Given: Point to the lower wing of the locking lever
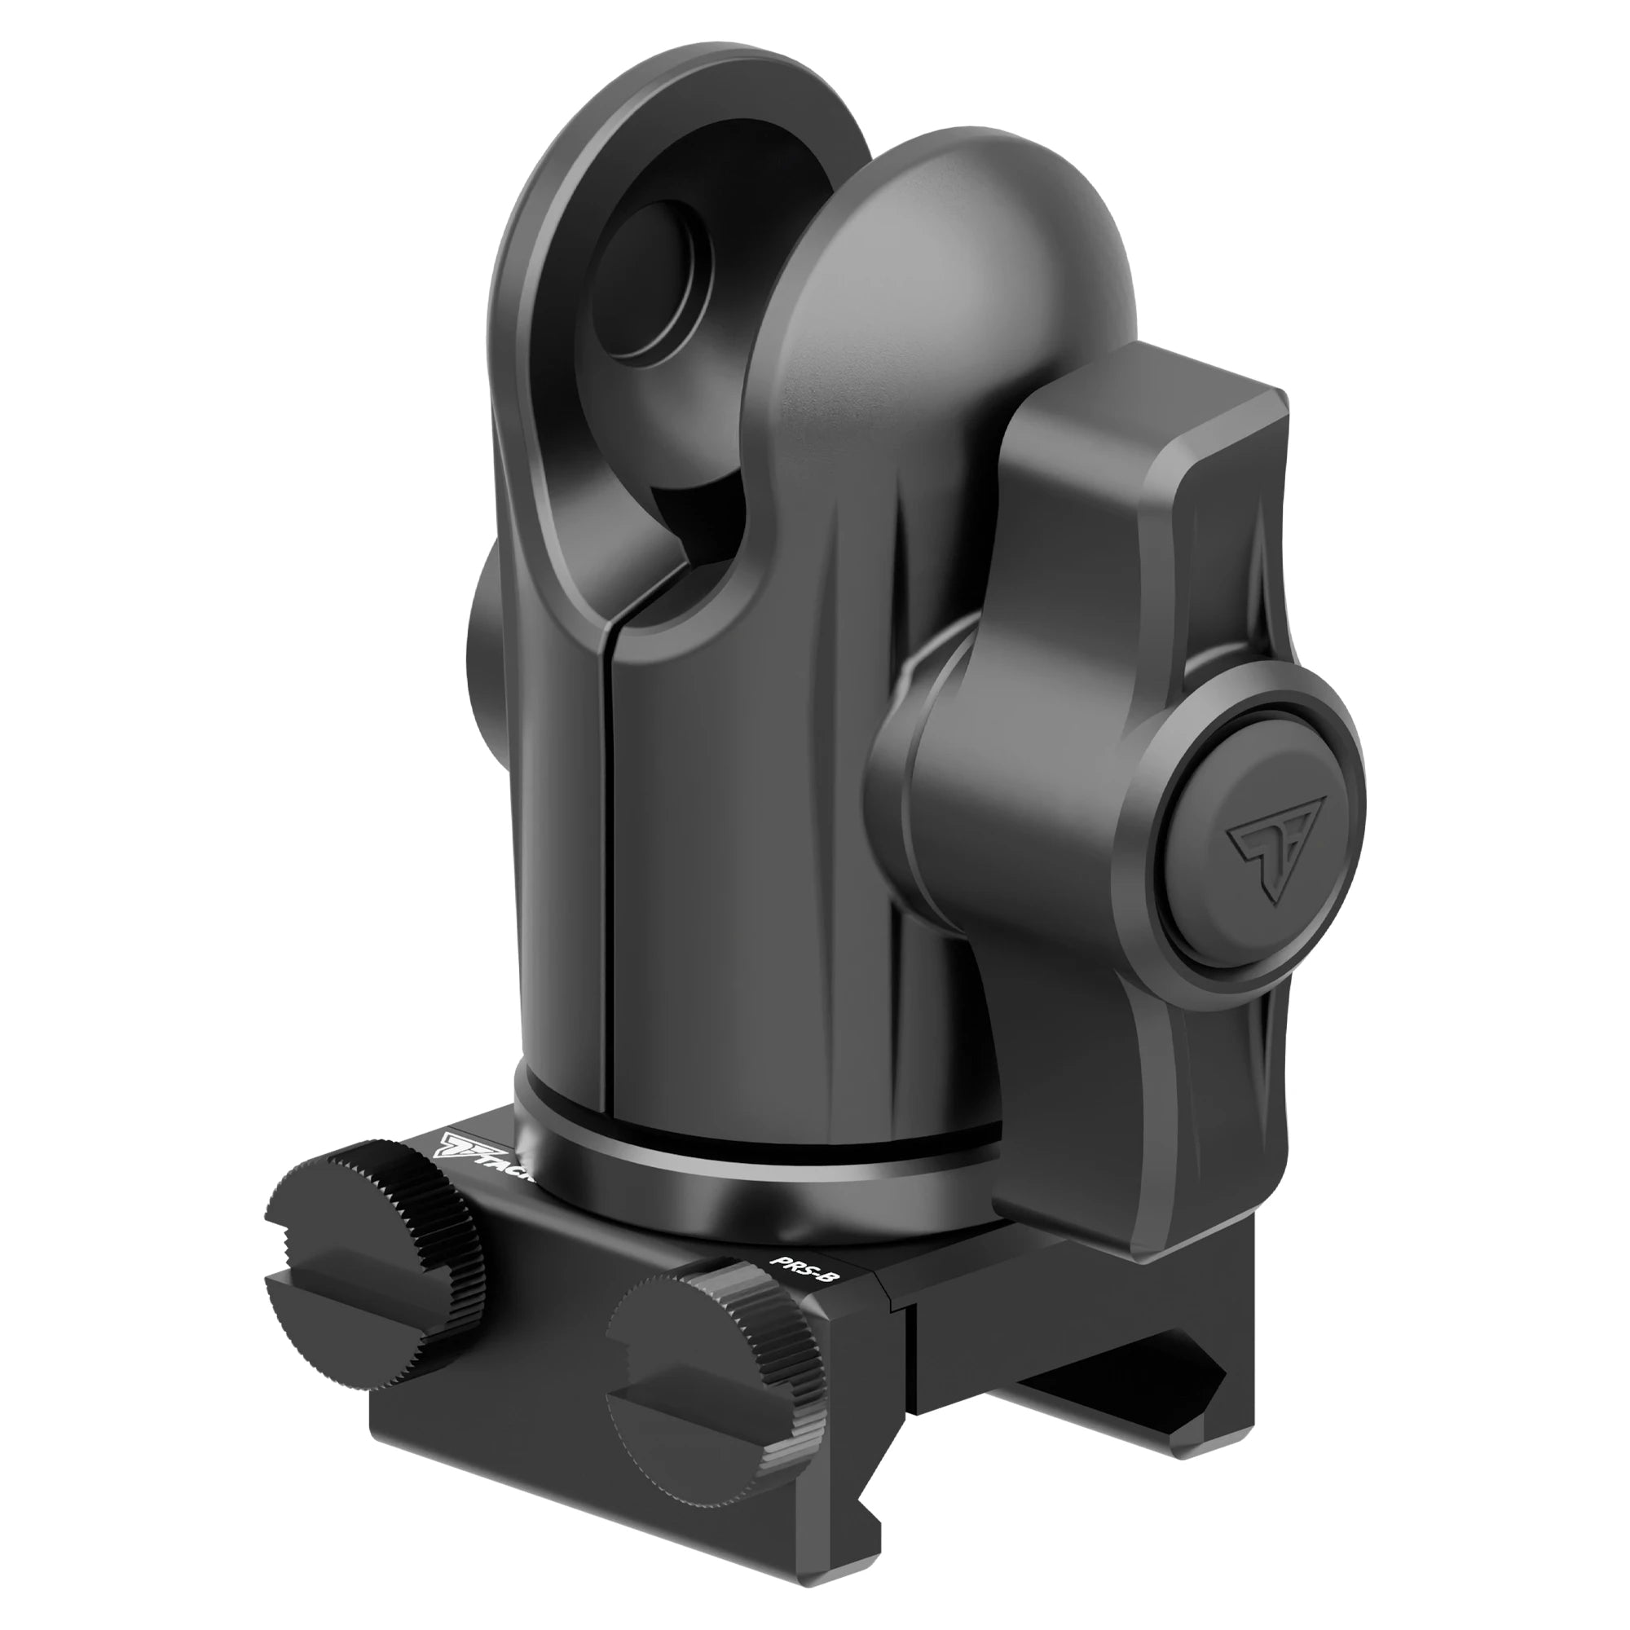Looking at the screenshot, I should (1181, 1122).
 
